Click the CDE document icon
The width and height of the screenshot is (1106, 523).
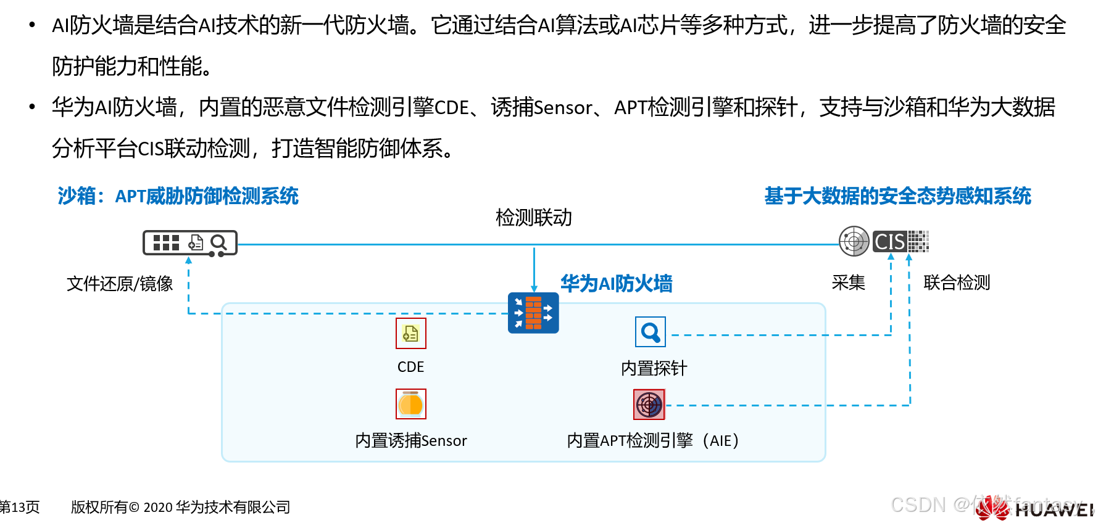pyautogui.click(x=410, y=333)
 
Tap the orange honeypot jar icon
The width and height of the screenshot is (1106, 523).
pyautogui.click(x=410, y=404)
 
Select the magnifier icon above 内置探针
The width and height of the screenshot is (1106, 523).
pyautogui.click(x=650, y=332)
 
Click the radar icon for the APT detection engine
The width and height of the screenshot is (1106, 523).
pyautogui.click(x=649, y=405)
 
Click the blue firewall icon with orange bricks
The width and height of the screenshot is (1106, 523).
pyautogui.click(x=533, y=313)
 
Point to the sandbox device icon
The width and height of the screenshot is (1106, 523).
pyautogui.click(x=189, y=243)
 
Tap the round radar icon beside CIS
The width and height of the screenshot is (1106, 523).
pyautogui.click(x=854, y=241)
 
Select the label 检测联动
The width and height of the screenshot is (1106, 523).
pyautogui.click(x=534, y=218)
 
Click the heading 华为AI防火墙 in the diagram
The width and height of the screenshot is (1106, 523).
pyautogui.click(x=616, y=284)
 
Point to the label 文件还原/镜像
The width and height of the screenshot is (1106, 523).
pyautogui.click(x=120, y=284)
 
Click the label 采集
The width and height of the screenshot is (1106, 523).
pyautogui.click(x=848, y=282)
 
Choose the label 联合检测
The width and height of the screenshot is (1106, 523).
pyautogui.click(x=956, y=282)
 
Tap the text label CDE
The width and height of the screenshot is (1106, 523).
pyautogui.click(x=410, y=367)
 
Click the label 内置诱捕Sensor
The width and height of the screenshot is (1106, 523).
pyautogui.click(x=410, y=440)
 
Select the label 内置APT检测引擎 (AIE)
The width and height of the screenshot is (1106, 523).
pyautogui.click(x=652, y=440)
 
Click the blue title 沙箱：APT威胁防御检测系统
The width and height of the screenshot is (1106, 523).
pyautogui.click(x=178, y=196)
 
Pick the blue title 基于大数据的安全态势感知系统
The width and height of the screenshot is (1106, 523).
pyautogui.click(x=897, y=196)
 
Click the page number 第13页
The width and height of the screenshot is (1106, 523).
pyautogui.click(x=20, y=507)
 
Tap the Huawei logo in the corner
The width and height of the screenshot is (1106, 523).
pyautogui.click(x=1037, y=509)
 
